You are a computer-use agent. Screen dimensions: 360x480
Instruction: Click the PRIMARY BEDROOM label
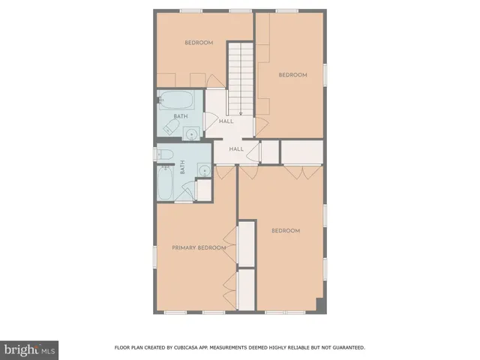click(x=199, y=247)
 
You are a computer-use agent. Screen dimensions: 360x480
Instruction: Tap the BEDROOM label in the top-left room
click(x=199, y=43)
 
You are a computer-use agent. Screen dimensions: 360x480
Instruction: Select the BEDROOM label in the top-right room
click(x=292, y=74)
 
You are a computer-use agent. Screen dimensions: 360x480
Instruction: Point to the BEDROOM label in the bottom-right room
click(x=285, y=230)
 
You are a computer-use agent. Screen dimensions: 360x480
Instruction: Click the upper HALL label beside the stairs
click(x=226, y=121)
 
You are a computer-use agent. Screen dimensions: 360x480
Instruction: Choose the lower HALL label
click(x=236, y=149)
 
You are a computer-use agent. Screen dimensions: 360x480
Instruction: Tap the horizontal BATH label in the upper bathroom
click(x=180, y=116)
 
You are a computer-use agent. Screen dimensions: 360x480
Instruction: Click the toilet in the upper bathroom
click(x=169, y=130)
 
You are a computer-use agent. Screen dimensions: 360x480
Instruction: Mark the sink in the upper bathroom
click(x=192, y=134)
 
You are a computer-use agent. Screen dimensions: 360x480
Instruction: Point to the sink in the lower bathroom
click(x=203, y=171)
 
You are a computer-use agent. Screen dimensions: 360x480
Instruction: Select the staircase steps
click(x=240, y=75)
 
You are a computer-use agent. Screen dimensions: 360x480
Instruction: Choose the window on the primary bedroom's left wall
click(x=154, y=256)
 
